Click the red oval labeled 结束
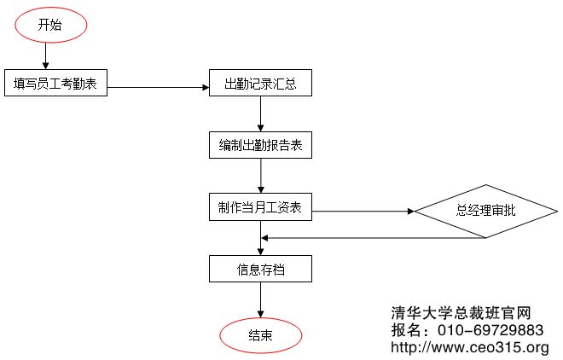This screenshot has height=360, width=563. [x=261, y=334]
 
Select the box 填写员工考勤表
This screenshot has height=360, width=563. [x=55, y=83]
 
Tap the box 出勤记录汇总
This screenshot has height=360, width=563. [x=260, y=84]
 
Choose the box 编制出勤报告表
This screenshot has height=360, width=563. [x=260, y=145]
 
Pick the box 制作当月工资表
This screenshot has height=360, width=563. [x=260, y=206]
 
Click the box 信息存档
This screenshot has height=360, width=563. [x=260, y=270]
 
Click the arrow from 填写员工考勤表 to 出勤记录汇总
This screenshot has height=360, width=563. [x=158, y=87]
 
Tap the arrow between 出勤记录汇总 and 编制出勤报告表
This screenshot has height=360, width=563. [x=260, y=114]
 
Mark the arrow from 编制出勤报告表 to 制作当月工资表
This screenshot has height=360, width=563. [x=260, y=176]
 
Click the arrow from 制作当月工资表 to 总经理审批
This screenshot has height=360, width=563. [x=363, y=211]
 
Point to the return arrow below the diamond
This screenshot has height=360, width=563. [x=375, y=238]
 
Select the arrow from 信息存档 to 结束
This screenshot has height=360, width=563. [x=260, y=300]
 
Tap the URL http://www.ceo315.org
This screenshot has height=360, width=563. [x=469, y=347]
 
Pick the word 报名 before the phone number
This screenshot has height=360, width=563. [x=407, y=329]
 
